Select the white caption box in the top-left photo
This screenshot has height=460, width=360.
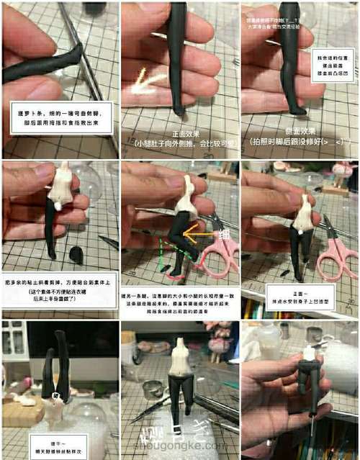click(x=60, y=119)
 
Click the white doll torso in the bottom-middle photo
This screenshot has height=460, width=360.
click(x=180, y=361)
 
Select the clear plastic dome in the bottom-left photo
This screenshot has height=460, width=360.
click(x=88, y=418)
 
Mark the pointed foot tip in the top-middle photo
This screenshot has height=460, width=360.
click(x=176, y=110)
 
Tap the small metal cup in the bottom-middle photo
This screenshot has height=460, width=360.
click(x=151, y=389)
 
